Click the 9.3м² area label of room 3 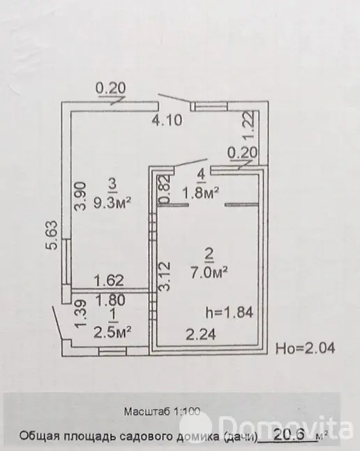click(x=112, y=204)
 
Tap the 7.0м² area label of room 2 click(x=209, y=272)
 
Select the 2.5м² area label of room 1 click(x=113, y=332)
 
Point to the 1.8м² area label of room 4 click(x=201, y=193)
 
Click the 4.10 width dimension click(x=167, y=120)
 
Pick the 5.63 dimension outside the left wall click(x=52, y=235)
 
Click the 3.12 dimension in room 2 click(x=165, y=277)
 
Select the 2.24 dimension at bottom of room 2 click(x=201, y=334)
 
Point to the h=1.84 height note click(x=230, y=312)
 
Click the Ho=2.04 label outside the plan click(x=306, y=349)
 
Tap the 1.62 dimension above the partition click(x=109, y=280)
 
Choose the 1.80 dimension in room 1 click(x=110, y=300)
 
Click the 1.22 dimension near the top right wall click(x=248, y=125)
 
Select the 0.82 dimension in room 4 click(x=165, y=189)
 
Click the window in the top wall click(x=209, y=106)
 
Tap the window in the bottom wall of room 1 click(x=112, y=351)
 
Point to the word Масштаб click(x=147, y=411)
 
